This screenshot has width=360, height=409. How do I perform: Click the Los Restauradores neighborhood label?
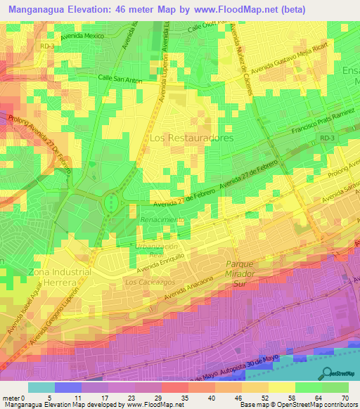[x=191, y=138]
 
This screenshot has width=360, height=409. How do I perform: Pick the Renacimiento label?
[x=162, y=219]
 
